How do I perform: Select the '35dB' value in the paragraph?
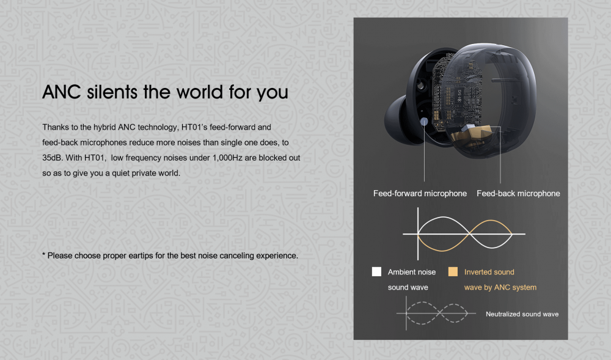tap(52, 158)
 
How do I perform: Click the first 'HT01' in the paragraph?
tap(191, 127)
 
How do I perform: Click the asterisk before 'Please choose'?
tap(43, 254)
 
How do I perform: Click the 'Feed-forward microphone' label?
tap(420, 193)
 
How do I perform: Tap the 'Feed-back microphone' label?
tap(518, 193)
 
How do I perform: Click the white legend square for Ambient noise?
tap(376, 271)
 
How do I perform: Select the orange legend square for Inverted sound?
tap(453, 271)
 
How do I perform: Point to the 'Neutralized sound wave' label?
tap(522, 314)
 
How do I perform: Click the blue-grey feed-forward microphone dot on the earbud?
tap(425, 122)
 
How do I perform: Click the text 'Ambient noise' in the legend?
tap(411, 272)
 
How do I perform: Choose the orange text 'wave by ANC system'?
tap(500, 287)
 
